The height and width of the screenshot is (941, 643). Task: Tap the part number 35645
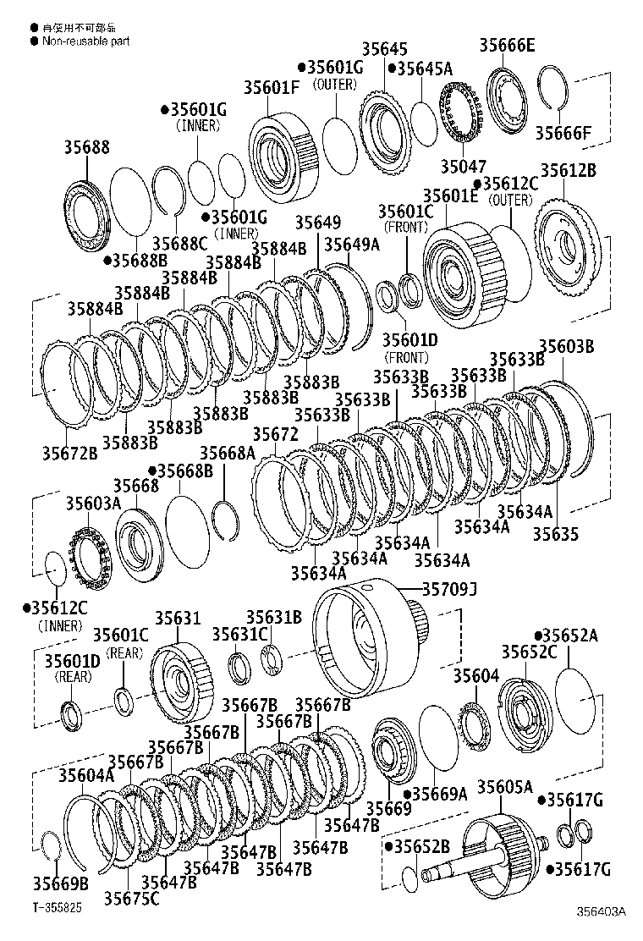coord(361,50)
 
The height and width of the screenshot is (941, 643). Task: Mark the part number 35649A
coord(352,245)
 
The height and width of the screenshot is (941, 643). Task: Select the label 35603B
coord(567,345)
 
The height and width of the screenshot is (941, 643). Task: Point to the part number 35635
coord(556,534)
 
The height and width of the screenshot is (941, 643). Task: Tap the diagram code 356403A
coord(602,911)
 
